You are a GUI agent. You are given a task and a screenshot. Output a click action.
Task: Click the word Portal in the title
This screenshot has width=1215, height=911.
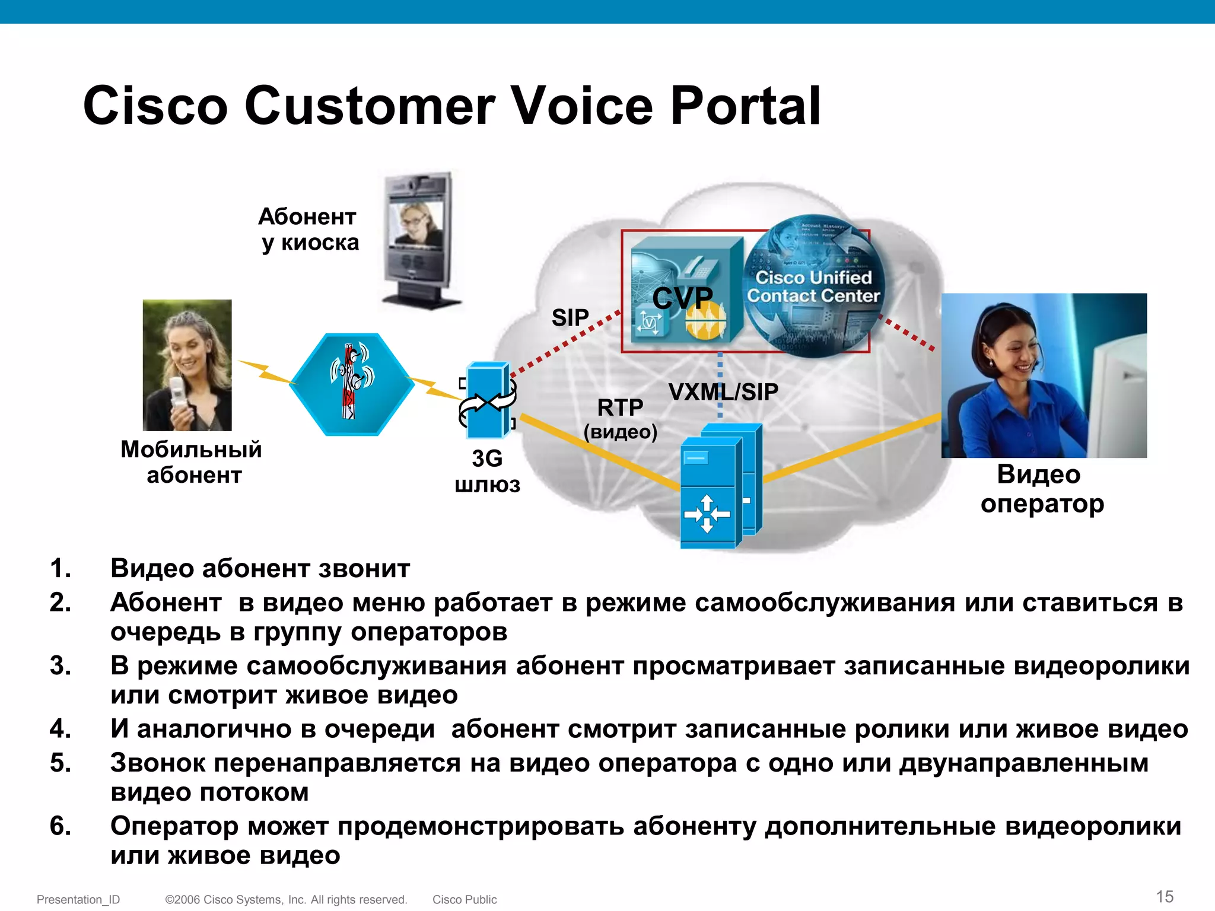[745, 106]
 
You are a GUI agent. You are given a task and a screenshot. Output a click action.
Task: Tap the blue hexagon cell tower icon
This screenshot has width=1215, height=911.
[352, 384]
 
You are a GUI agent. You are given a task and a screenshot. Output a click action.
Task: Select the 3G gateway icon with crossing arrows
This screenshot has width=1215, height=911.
[488, 401]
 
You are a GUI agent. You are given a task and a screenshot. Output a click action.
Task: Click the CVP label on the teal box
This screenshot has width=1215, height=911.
[682, 298]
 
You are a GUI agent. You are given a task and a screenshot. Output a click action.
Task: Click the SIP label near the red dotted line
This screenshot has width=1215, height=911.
[570, 318]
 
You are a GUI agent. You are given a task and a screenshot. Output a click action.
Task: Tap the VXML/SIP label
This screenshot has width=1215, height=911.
[723, 392]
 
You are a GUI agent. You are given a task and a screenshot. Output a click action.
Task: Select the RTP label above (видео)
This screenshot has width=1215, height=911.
[620, 407]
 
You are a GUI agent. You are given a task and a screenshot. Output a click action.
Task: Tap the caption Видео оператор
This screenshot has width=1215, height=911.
[1041, 489]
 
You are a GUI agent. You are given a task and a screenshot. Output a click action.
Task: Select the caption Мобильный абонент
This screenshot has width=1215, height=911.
[191, 462]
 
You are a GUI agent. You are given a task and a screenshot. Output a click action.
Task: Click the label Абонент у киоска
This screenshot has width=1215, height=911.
[308, 230]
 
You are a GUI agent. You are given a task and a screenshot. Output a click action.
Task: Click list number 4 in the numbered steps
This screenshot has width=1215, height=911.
[60, 729]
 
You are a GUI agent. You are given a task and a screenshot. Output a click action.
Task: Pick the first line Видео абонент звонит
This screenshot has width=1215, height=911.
[260, 568]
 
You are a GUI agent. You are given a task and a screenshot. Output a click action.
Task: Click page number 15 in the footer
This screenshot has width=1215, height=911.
[1165, 896]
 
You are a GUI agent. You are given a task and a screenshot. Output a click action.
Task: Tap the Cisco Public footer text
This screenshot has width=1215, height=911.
[465, 900]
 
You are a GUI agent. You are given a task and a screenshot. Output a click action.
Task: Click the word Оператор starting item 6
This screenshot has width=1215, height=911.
[174, 826]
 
